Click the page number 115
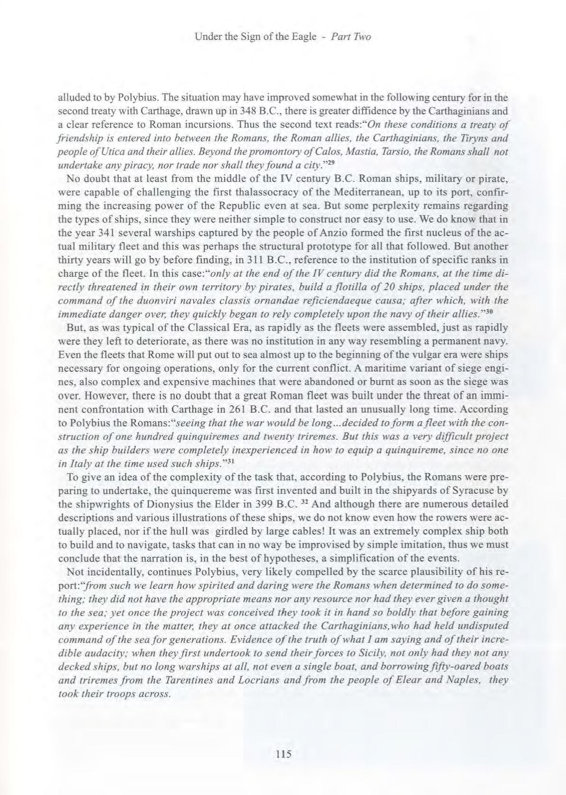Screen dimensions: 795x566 pyautogui.click(x=283, y=753)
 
